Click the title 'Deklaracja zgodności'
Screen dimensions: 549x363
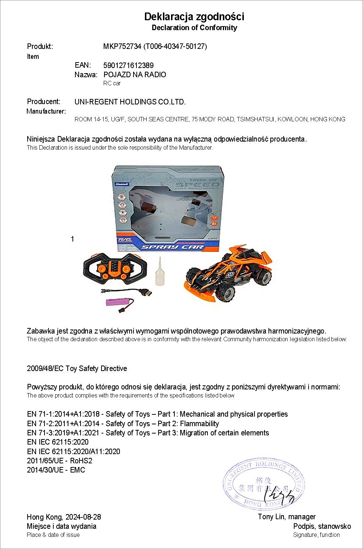[194, 17]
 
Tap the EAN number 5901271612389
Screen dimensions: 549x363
[128, 65]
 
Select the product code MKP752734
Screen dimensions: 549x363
[122, 46]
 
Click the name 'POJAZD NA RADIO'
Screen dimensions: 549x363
[135, 75]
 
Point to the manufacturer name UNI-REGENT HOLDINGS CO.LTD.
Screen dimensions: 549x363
[130, 102]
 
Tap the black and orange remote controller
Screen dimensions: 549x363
[114, 268]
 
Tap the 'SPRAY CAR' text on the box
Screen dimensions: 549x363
[173, 247]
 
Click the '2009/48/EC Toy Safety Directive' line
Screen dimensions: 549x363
[77, 368]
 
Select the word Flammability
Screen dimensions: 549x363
[199, 424]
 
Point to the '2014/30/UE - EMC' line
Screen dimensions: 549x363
[56, 470]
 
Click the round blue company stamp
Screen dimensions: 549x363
[263, 483]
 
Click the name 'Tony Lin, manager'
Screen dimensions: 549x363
[287, 517]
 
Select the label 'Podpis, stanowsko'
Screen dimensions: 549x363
[322, 526]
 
